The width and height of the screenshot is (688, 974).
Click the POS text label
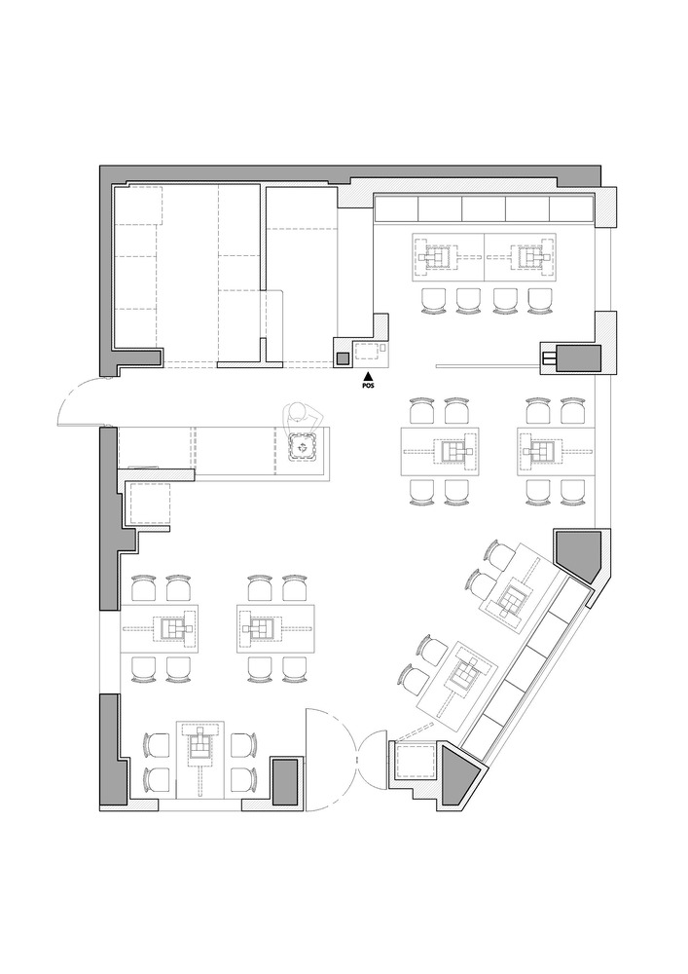tap(368, 386)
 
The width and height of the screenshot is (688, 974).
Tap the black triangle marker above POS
tap(368, 376)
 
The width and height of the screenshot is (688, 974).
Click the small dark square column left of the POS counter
tap(343, 358)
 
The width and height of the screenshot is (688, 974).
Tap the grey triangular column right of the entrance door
tap(458, 775)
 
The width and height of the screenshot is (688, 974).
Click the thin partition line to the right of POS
tap(487, 367)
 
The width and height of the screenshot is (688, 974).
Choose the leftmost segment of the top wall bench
tap(396, 209)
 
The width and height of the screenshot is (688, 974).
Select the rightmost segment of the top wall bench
tap(571, 209)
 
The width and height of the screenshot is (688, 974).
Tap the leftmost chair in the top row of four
tap(433, 300)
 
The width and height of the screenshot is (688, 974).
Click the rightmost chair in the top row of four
tap(539, 300)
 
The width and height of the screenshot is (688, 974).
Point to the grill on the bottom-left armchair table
tap(199, 747)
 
